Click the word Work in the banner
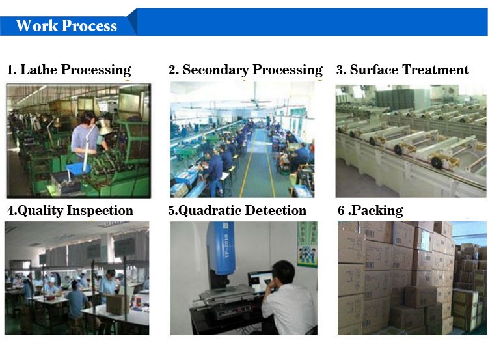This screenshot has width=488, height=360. point(36,25)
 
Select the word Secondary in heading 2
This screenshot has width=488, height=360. point(215,70)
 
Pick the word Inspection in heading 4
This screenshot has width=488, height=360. point(100,210)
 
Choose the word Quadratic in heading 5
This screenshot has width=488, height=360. point(210,210)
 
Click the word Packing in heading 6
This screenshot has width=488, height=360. point(377,210)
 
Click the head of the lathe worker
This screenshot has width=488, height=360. point(87,118)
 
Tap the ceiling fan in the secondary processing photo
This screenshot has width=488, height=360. point(256,102)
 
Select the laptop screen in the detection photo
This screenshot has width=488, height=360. point(260,282)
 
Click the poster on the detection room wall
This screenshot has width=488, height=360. point(307,244)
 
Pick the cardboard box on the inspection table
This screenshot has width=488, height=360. point(116,304)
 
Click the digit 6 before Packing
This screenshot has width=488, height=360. point(341,210)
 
